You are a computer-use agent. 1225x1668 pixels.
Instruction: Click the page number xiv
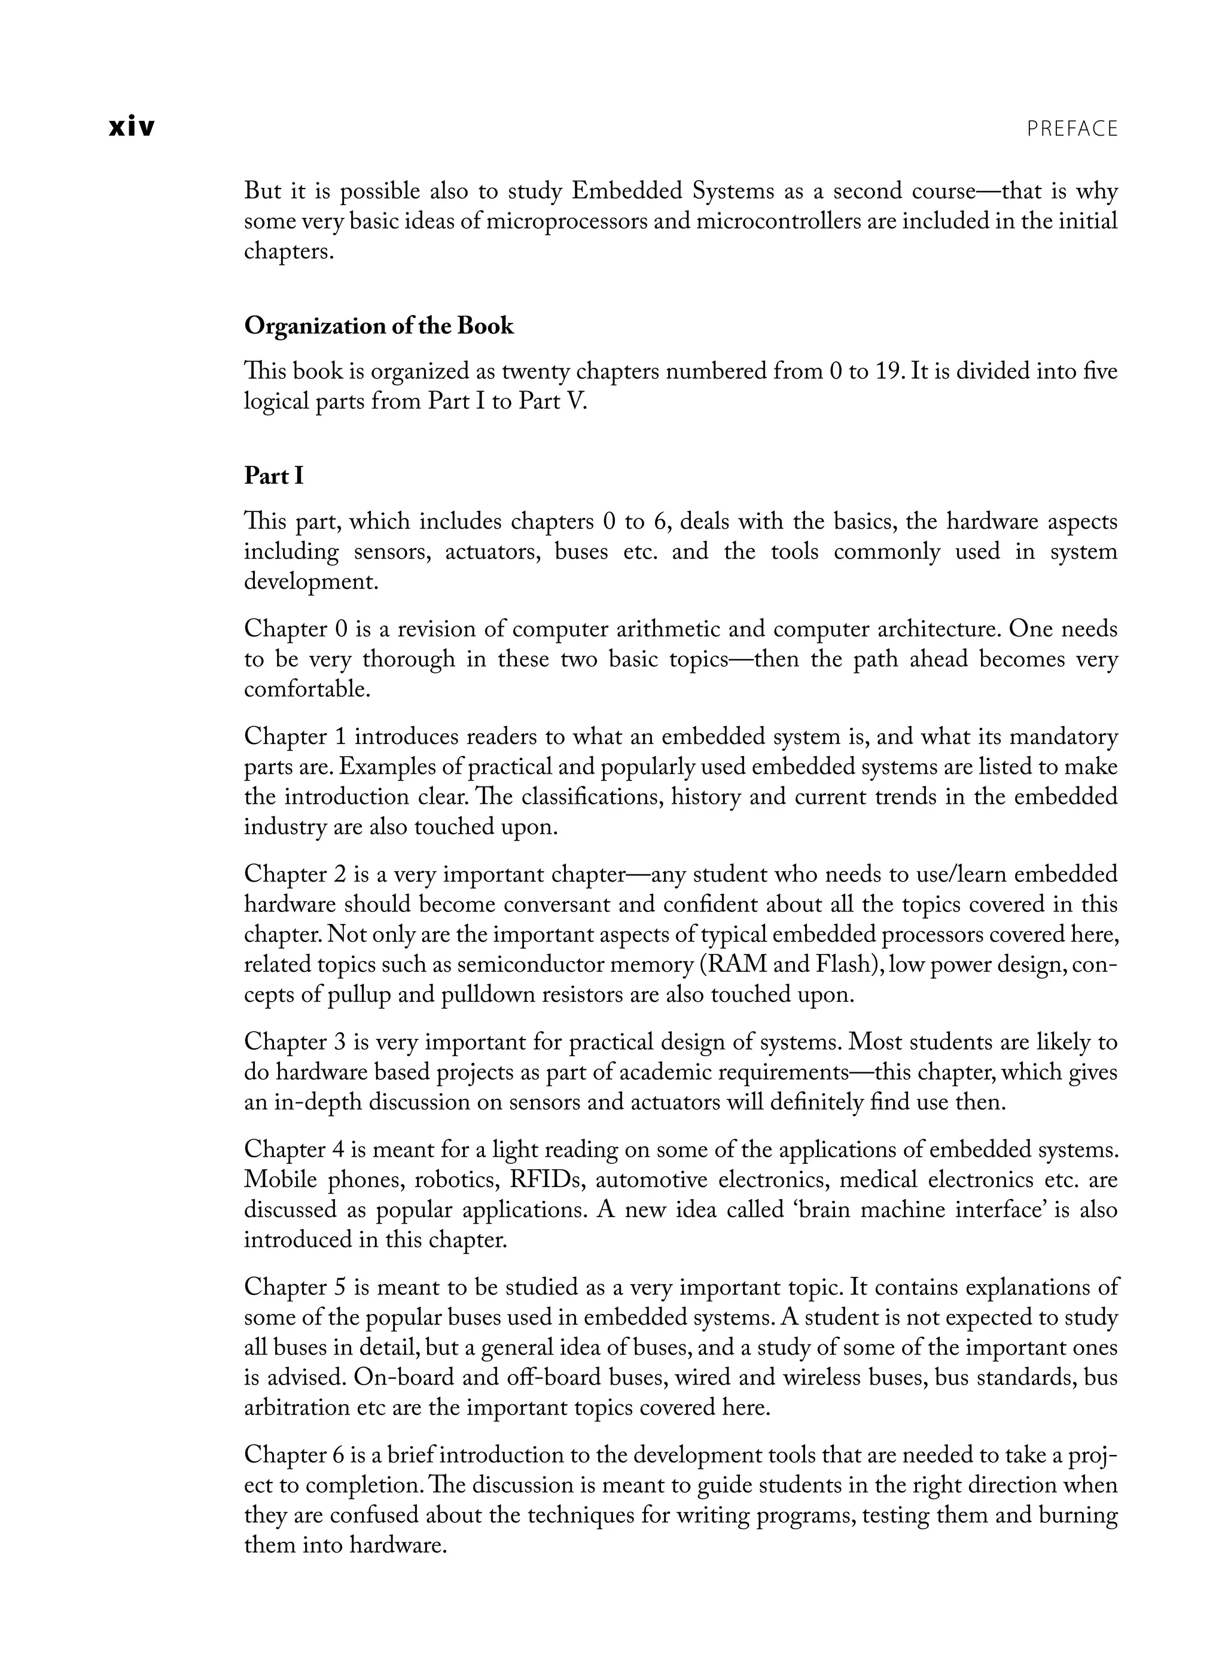tap(132, 127)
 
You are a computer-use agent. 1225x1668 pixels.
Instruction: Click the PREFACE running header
tap(1071, 129)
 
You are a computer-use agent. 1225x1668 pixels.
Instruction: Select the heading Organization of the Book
tap(378, 326)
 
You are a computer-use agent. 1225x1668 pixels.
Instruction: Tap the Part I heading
tap(273, 475)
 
